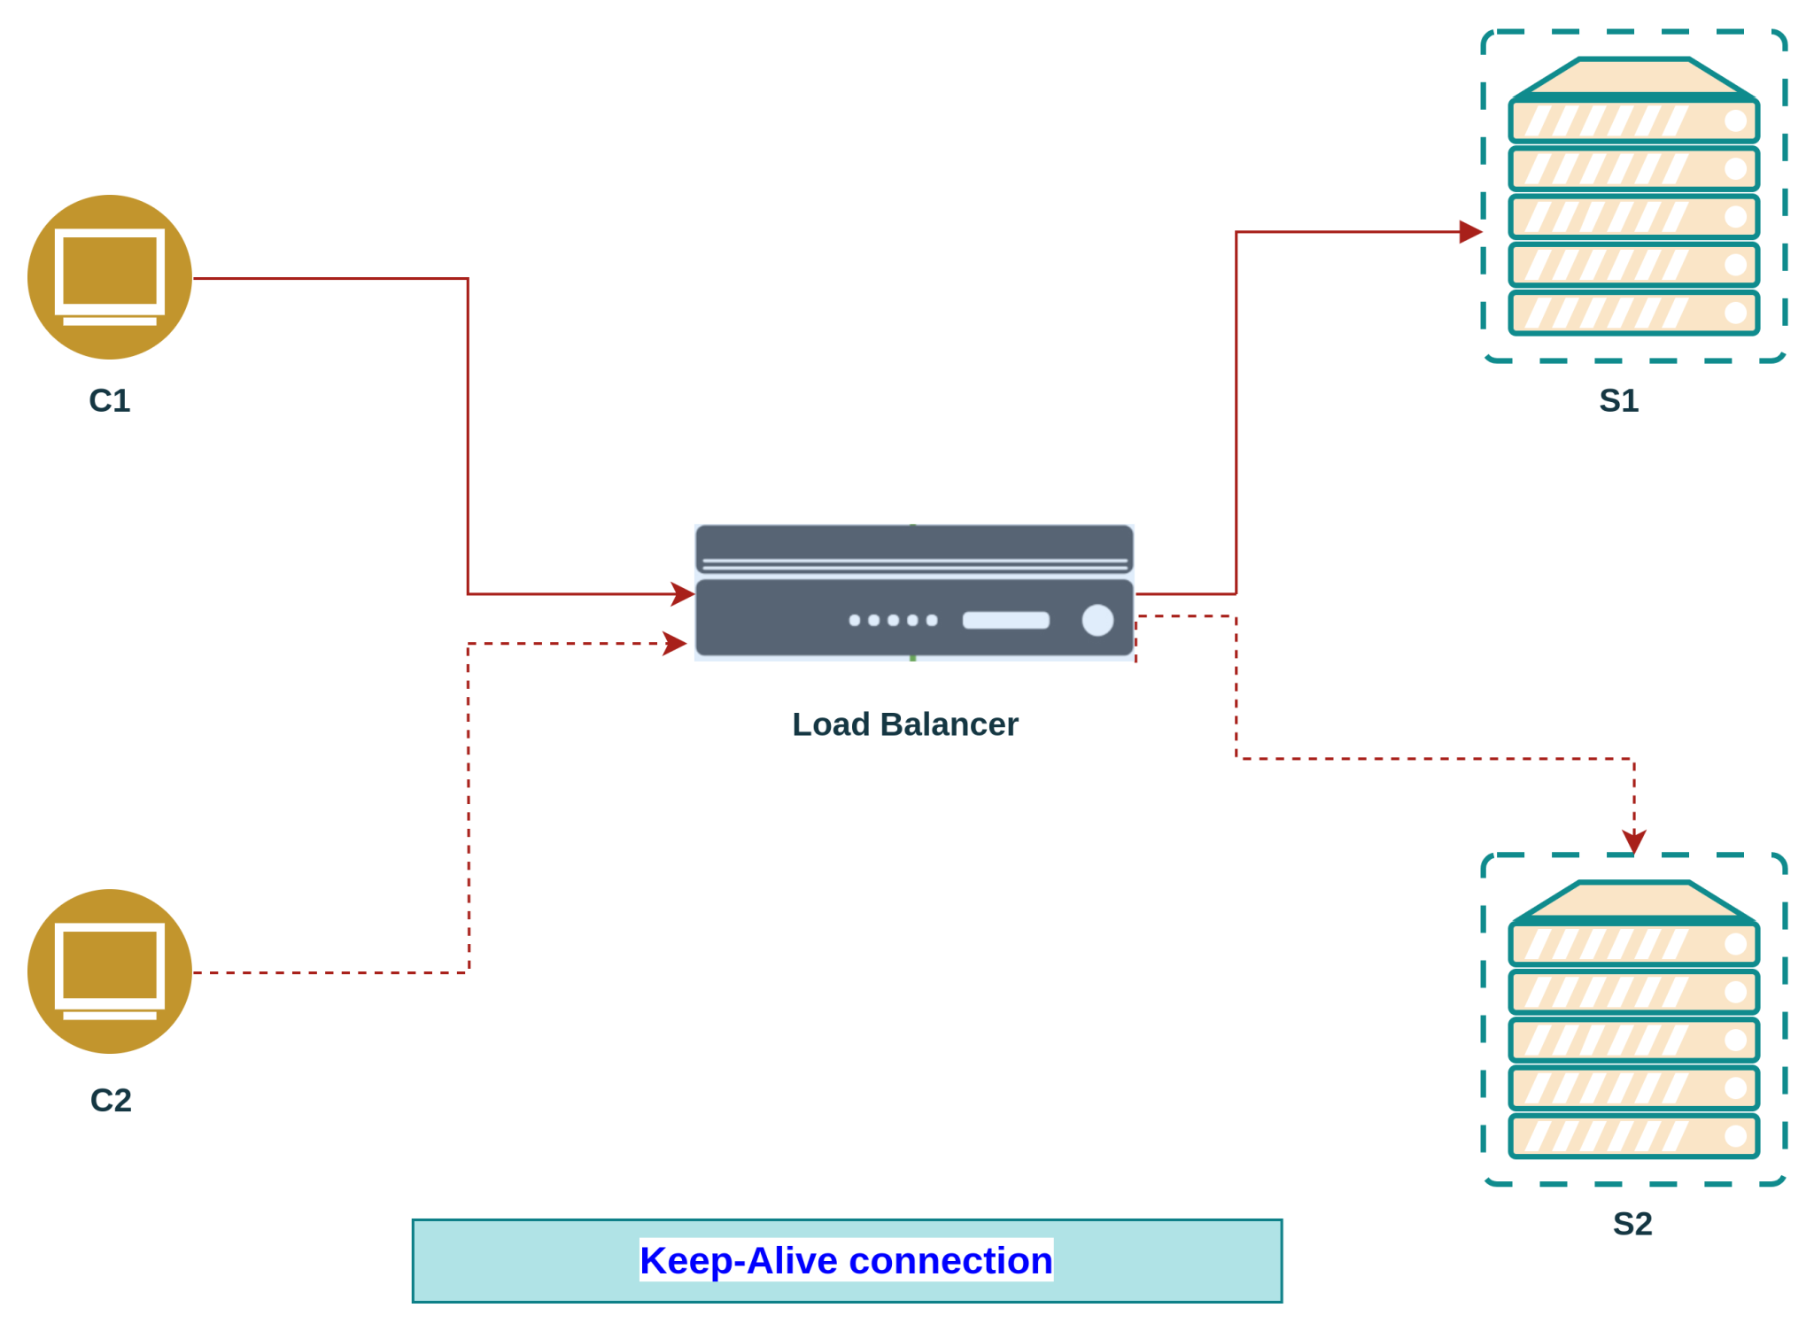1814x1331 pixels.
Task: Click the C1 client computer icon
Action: pos(110,277)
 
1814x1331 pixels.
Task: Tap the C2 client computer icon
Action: pos(110,971)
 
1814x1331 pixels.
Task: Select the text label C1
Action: pos(110,401)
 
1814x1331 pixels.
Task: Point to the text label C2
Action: pos(111,1100)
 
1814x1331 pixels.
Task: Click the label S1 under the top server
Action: pos(1618,401)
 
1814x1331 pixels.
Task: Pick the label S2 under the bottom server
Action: pos(1632,1224)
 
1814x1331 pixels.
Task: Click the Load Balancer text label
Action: pos(904,724)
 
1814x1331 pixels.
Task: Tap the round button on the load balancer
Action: pos(1097,620)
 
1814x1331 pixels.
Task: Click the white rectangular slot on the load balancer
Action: pos(1005,620)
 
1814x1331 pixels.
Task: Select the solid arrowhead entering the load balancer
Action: pos(682,594)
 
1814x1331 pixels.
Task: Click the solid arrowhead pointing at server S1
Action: pos(1471,232)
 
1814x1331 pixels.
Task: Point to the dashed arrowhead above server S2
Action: pos(1633,840)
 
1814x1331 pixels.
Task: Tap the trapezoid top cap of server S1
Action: pos(1633,76)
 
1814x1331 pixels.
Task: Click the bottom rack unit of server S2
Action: pos(1633,1136)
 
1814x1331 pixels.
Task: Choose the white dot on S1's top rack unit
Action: pos(1735,120)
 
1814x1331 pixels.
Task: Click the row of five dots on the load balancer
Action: pos(893,620)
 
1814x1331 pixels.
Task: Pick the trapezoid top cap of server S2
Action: pos(1633,900)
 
